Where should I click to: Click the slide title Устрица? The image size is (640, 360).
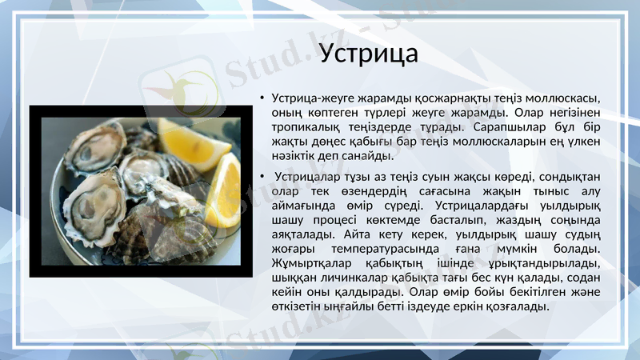[368, 54]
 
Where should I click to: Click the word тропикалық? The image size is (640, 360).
[304, 126]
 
